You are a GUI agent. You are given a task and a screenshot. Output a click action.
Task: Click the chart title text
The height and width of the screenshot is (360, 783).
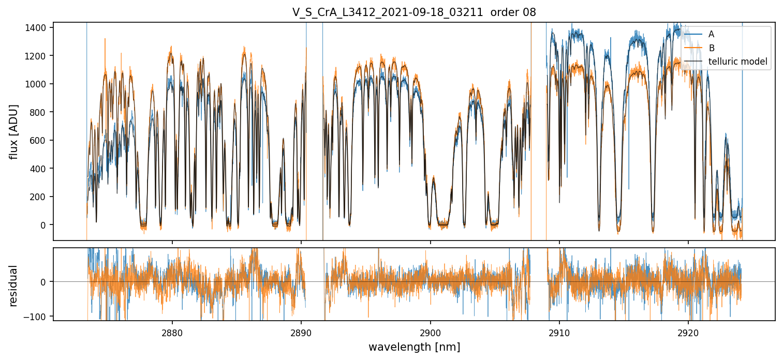pyautogui.click(x=414, y=12)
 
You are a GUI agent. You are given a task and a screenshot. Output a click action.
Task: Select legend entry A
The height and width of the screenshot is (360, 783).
pyautogui.click(x=712, y=34)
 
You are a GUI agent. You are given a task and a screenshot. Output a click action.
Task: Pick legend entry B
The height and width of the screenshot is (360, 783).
pyautogui.click(x=712, y=48)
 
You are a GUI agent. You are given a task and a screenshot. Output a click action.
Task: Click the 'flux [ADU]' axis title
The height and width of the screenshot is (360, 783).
pyautogui.click(x=14, y=131)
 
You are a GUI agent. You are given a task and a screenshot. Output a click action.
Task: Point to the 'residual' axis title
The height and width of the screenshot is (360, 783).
pyautogui.click(x=14, y=286)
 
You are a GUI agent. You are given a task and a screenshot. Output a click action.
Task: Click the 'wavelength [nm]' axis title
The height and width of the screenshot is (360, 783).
pyautogui.click(x=414, y=347)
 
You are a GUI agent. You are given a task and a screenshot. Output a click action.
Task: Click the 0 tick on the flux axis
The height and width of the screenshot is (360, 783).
pyautogui.click(x=45, y=225)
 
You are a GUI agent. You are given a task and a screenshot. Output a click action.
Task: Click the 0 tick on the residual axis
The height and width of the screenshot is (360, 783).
pyautogui.click(x=45, y=282)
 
